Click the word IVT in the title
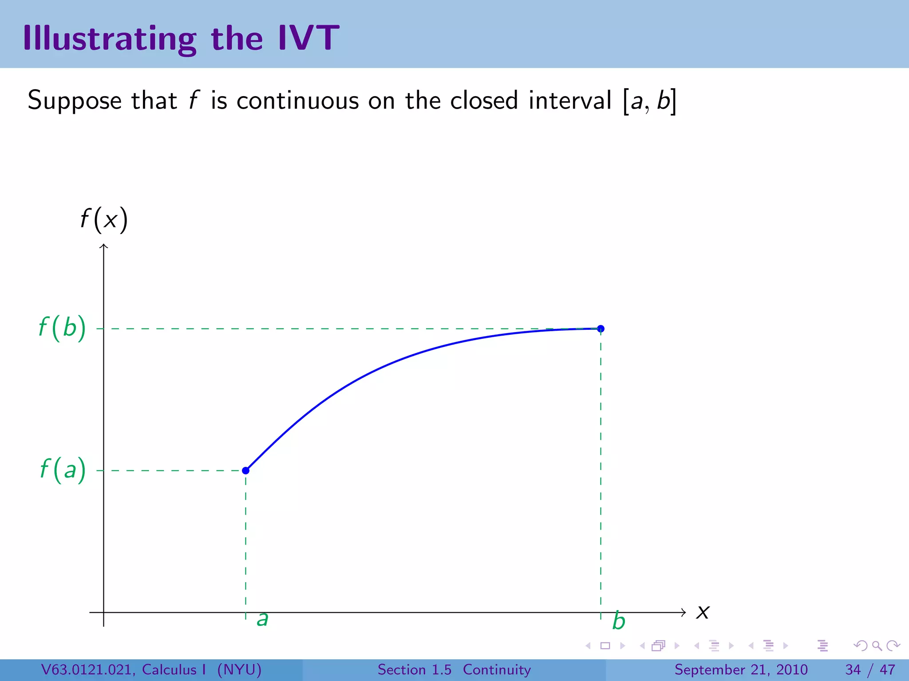click(308, 38)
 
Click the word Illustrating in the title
click(109, 39)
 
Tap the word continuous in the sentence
click(297, 100)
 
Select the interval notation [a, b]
click(650, 101)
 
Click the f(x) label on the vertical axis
click(104, 219)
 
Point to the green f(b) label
click(62, 328)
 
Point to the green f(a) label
click(63, 470)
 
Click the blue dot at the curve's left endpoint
click(245, 470)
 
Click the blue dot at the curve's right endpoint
click(601, 329)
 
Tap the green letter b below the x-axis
click(618, 621)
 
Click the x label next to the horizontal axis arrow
click(703, 613)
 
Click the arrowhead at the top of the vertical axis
click(104, 246)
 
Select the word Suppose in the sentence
click(75, 101)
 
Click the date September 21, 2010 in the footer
click(741, 669)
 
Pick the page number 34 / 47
click(870, 669)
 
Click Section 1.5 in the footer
click(414, 669)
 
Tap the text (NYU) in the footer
click(239, 669)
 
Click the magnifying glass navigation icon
click(877, 646)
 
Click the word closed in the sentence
click(484, 100)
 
